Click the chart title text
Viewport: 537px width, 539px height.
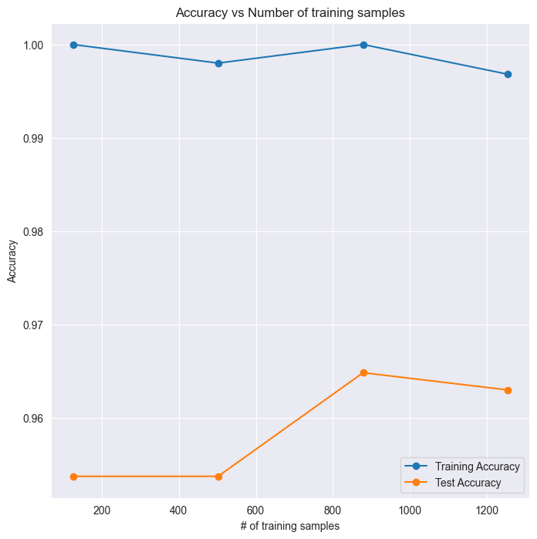[x=290, y=12]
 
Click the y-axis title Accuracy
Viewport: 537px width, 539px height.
[x=12, y=261]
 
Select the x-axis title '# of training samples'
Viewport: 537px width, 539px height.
[x=290, y=525]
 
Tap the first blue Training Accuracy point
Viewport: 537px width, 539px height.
[x=73, y=45]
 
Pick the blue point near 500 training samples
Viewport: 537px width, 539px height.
[x=218, y=63]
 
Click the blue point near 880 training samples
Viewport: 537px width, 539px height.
[x=363, y=45]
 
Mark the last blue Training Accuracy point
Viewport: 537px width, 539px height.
[x=508, y=74]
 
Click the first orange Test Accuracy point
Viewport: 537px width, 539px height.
[x=73, y=477]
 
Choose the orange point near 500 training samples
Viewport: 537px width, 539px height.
[x=218, y=477]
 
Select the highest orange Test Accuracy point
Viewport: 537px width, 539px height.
[x=363, y=372]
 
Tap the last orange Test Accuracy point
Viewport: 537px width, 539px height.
[x=508, y=390]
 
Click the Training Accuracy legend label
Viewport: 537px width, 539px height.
[x=477, y=467]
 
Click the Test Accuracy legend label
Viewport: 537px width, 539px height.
[x=468, y=483]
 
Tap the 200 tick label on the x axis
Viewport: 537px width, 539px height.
[x=102, y=510]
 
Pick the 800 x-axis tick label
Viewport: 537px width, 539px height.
[x=333, y=510]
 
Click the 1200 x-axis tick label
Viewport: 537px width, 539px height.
[x=486, y=510]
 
